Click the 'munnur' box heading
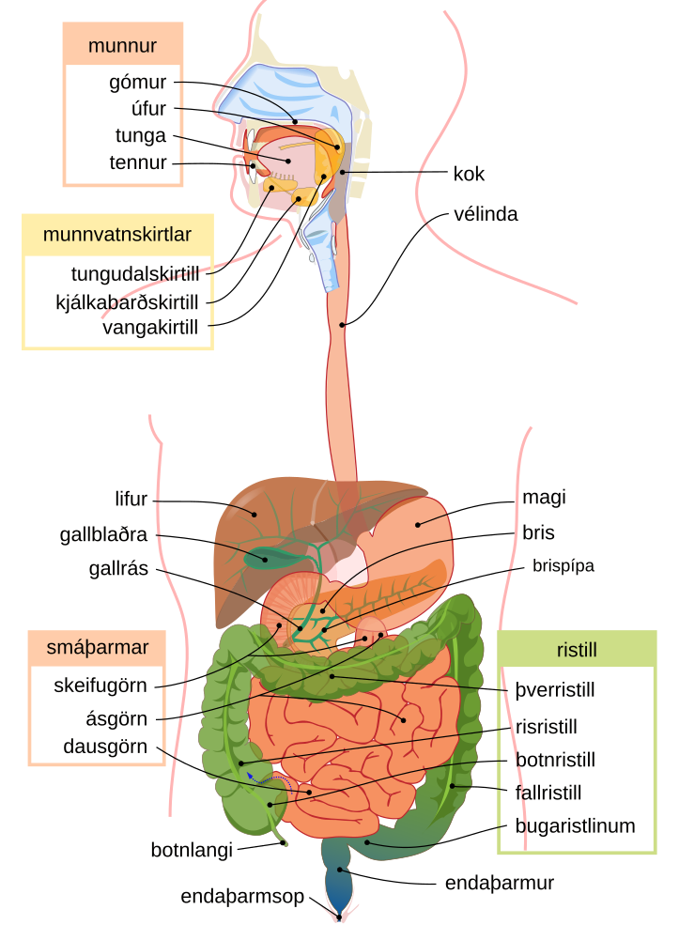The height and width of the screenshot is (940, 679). [122, 46]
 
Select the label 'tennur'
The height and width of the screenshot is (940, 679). [138, 162]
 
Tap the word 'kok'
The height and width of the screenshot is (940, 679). [469, 174]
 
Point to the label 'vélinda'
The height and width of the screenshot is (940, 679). [486, 214]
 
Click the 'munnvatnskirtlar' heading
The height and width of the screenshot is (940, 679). [117, 235]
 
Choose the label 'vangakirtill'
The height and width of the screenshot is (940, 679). [150, 328]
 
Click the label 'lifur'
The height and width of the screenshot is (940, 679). [131, 499]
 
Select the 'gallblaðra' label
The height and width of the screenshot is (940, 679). [103, 534]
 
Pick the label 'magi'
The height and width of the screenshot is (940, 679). [544, 497]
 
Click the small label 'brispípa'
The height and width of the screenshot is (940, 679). [563, 566]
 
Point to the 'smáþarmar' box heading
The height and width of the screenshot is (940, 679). [97, 647]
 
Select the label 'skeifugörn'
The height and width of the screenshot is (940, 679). [100, 686]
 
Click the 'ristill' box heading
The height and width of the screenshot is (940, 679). [577, 650]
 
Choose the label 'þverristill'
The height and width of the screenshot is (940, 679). [555, 690]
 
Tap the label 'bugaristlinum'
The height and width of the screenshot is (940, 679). [576, 825]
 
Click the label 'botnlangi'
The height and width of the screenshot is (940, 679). [192, 850]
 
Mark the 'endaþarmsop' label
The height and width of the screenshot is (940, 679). [242, 896]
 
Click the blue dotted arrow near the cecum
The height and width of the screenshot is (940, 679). [269, 778]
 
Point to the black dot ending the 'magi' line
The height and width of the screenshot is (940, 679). [418, 525]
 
